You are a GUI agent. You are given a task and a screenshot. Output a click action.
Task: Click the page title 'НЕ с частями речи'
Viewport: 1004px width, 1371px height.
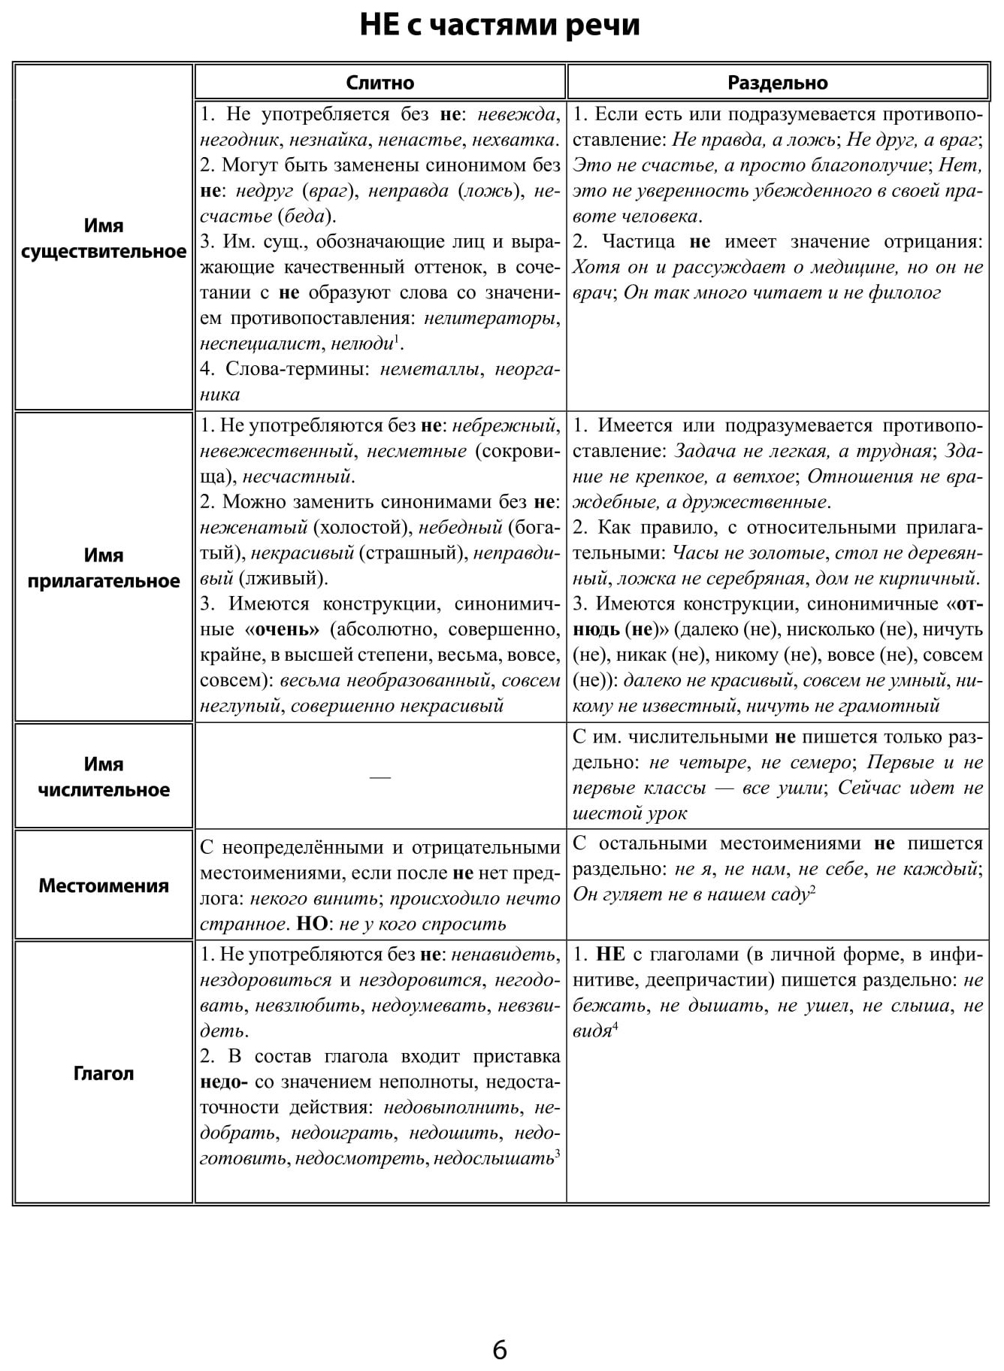[500, 25]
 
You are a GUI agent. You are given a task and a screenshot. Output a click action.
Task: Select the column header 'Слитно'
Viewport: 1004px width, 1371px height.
[380, 83]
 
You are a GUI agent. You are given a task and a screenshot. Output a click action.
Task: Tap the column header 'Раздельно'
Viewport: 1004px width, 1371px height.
[777, 83]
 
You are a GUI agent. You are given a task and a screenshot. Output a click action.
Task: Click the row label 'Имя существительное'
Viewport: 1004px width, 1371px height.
[104, 238]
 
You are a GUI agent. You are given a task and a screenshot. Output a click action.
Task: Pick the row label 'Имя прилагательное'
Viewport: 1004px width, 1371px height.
[104, 568]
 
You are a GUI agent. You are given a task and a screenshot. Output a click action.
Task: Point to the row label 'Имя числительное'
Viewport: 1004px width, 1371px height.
[104, 776]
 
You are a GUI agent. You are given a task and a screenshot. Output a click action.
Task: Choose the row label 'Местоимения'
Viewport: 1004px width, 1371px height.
[104, 885]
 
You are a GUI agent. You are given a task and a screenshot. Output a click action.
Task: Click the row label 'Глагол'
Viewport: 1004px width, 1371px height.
[104, 1073]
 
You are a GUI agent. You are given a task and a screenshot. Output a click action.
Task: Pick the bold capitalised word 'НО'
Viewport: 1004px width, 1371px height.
[313, 924]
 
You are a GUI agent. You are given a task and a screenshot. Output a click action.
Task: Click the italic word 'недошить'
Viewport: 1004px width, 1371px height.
[467, 1133]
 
